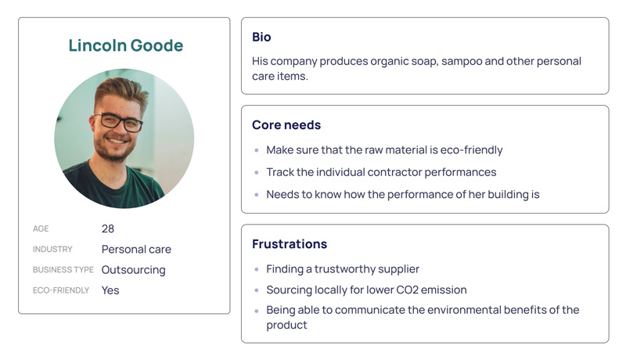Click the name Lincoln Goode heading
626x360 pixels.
[x=126, y=45]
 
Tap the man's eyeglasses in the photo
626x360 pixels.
[x=118, y=122]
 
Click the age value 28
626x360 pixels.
[x=108, y=229]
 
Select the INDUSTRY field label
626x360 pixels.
[x=52, y=249]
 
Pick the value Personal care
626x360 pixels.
[x=136, y=250]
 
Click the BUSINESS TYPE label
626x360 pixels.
[x=63, y=270]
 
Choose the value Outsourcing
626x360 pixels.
[x=133, y=270]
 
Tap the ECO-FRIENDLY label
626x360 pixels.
[x=61, y=290]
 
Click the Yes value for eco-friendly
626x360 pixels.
[x=110, y=290]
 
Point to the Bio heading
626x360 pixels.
[x=261, y=37]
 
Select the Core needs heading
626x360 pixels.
[x=286, y=125]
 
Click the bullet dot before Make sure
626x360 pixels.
[x=257, y=150]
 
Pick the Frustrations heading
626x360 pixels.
[x=290, y=244]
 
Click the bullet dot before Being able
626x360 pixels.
[x=257, y=311]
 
